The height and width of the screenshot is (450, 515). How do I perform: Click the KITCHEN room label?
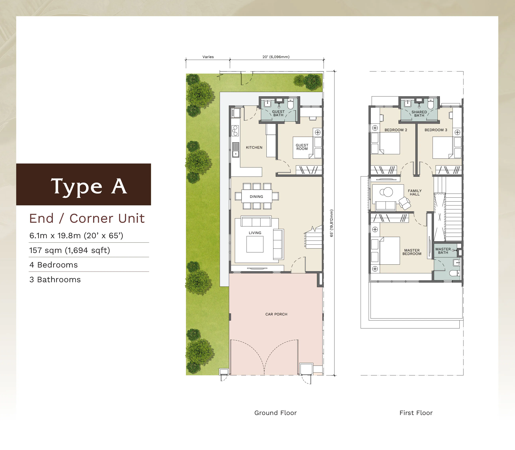tap(254, 147)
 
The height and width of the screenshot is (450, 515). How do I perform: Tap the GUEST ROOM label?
tap(302, 147)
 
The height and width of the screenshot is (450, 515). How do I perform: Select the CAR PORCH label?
tap(276, 314)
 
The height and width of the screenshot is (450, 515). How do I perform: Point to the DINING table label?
tap(256, 197)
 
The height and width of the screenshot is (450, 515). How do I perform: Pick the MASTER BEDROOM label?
tap(412, 252)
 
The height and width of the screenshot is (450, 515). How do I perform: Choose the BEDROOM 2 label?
tap(396, 130)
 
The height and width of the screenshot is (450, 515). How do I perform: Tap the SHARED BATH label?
tap(419, 113)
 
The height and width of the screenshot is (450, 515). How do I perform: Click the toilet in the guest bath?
tap(290, 104)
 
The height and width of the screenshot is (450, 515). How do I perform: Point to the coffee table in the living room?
tap(255, 244)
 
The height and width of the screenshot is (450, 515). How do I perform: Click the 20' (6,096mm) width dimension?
tap(276, 57)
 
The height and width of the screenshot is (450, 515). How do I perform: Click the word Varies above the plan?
tap(208, 57)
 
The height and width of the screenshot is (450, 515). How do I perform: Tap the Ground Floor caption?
tap(276, 413)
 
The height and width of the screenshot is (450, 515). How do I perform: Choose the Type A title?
tap(89, 186)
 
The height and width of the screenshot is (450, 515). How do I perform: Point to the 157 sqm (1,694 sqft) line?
tap(70, 250)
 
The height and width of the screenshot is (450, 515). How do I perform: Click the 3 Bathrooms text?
tap(55, 279)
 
